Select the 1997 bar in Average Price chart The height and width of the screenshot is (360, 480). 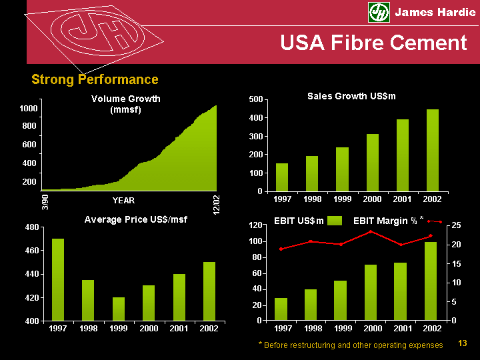coord(58,279)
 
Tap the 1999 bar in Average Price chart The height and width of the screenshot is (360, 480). coord(118,309)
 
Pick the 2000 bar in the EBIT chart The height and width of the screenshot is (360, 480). coord(371,292)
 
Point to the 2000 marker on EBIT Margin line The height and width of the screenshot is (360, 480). coord(371,231)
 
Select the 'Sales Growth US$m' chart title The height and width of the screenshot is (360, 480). coord(351,96)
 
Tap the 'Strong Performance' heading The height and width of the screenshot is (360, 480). coord(95,80)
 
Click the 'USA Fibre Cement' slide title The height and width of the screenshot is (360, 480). coord(373,43)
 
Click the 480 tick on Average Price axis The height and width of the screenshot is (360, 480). coord(31,227)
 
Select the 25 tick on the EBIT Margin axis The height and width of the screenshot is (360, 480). coord(455,226)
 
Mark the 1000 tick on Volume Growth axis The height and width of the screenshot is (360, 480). coord(29,108)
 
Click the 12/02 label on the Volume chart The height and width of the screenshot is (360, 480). coord(216,203)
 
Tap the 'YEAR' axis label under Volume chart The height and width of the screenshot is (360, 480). coord(123,200)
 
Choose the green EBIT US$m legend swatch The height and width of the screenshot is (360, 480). coord(336,221)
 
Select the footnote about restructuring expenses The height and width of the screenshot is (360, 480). coord(350,345)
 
